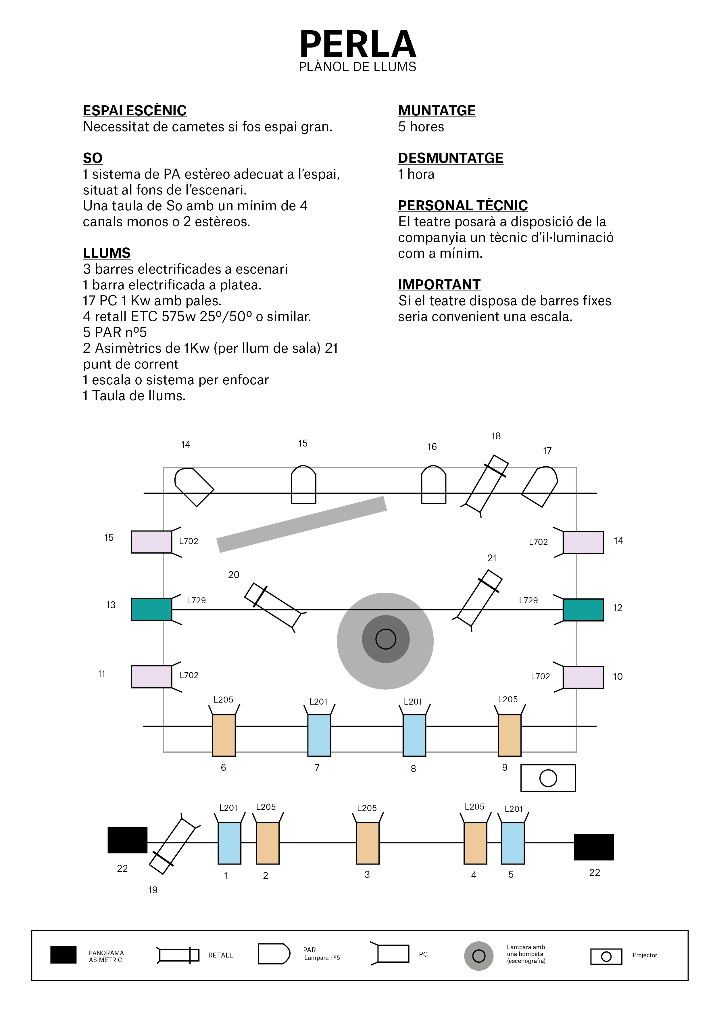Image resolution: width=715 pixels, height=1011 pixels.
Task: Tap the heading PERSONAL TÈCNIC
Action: point(462,205)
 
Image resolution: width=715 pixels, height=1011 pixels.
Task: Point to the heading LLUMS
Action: point(107,253)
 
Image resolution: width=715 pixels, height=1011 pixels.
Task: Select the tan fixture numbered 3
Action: point(367,843)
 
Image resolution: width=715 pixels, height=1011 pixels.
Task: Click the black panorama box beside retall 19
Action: point(127,840)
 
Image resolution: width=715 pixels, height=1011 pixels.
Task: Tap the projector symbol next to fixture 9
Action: point(548,778)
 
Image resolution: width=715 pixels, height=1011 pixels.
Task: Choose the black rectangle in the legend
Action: point(64,955)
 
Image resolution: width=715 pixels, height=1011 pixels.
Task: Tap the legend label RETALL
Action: point(220,955)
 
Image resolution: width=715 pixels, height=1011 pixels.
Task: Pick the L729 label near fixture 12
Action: point(528,600)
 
